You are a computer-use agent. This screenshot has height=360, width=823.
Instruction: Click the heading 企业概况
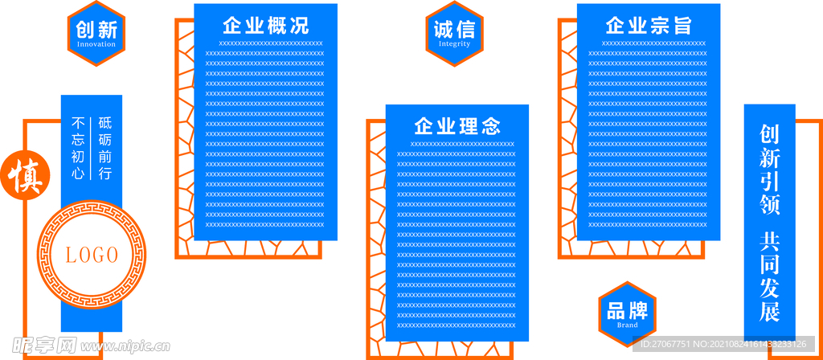click(265, 25)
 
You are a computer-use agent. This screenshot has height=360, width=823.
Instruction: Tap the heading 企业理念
click(457, 126)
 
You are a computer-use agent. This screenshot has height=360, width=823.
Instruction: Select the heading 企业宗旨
click(649, 25)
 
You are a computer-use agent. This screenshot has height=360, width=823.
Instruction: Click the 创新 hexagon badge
click(96, 33)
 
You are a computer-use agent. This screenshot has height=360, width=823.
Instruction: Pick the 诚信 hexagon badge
click(454, 33)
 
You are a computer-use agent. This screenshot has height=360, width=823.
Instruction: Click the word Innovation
click(96, 44)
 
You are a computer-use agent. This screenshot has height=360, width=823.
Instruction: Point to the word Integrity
click(454, 44)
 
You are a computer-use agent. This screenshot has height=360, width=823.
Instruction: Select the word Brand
click(627, 325)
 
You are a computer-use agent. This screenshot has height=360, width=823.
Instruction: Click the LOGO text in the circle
click(92, 256)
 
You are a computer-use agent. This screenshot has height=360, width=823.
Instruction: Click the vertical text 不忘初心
click(79, 148)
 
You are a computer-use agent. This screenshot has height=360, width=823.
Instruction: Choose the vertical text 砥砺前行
click(105, 148)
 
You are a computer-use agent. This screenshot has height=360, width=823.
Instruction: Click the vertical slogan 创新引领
click(770, 170)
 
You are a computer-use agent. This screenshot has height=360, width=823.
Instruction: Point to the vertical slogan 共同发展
click(770, 276)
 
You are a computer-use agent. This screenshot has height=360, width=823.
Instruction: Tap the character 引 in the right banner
click(770, 182)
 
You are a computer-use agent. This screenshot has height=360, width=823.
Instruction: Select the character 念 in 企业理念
click(490, 126)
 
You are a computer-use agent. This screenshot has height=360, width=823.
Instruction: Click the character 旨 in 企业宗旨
click(682, 25)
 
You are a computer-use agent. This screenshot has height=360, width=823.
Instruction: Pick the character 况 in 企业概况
click(298, 25)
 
